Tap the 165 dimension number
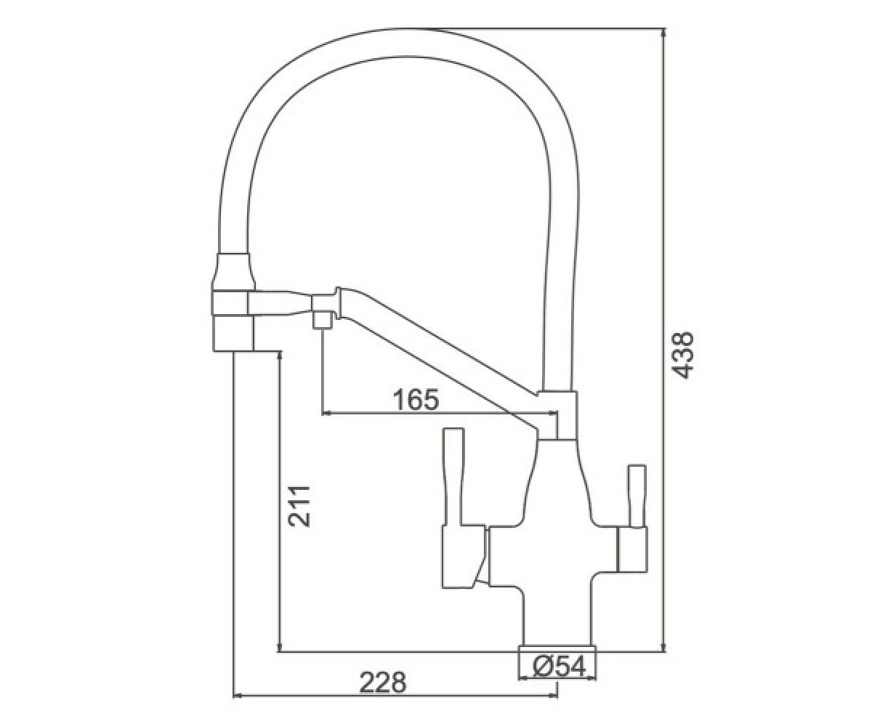(x=416, y=399)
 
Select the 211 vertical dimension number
(x=299, y=505)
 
